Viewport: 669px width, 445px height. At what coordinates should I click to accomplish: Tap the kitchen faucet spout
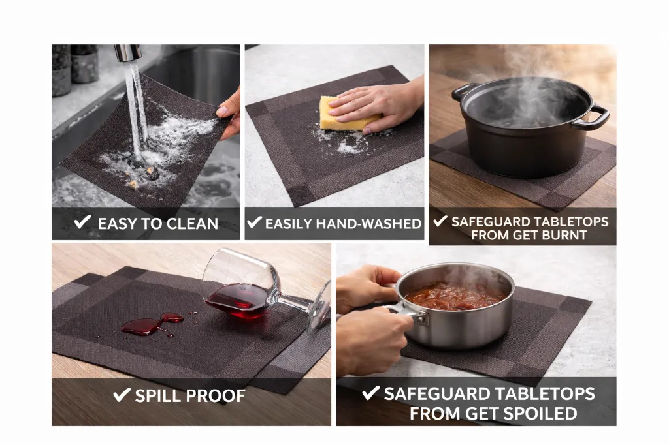pyautogui.click(x=127, y=52)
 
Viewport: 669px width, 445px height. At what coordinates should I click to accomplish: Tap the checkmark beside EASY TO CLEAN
pyautogui.click(x=82, y=222)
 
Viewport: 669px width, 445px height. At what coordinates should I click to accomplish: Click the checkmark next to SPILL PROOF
pyautogui.click(x=122, y=394)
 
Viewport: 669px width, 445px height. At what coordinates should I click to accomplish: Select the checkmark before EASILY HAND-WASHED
pyautogui.click(x=254, y=223)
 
